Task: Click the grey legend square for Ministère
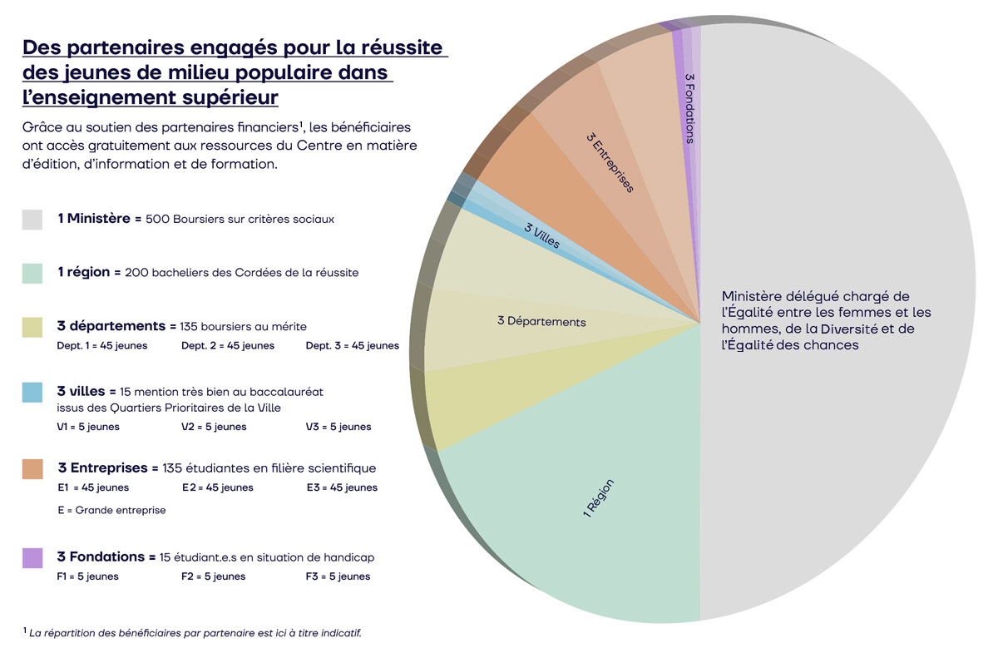32,220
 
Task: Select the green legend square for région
32,273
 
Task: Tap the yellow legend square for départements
32,327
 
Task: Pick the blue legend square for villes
32,393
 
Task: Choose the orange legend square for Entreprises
32,469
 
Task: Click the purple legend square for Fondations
32,558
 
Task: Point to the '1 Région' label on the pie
598,498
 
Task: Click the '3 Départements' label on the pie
541,321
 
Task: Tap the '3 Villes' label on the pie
541,235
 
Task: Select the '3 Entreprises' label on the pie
610,162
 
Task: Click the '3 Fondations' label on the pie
689,108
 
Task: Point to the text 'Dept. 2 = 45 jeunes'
228,346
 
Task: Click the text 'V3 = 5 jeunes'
338,427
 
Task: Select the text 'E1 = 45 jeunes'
93,487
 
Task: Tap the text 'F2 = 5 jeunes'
214,576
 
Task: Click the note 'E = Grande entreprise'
111,511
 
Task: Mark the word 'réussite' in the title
402,47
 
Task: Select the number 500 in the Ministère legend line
157,220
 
